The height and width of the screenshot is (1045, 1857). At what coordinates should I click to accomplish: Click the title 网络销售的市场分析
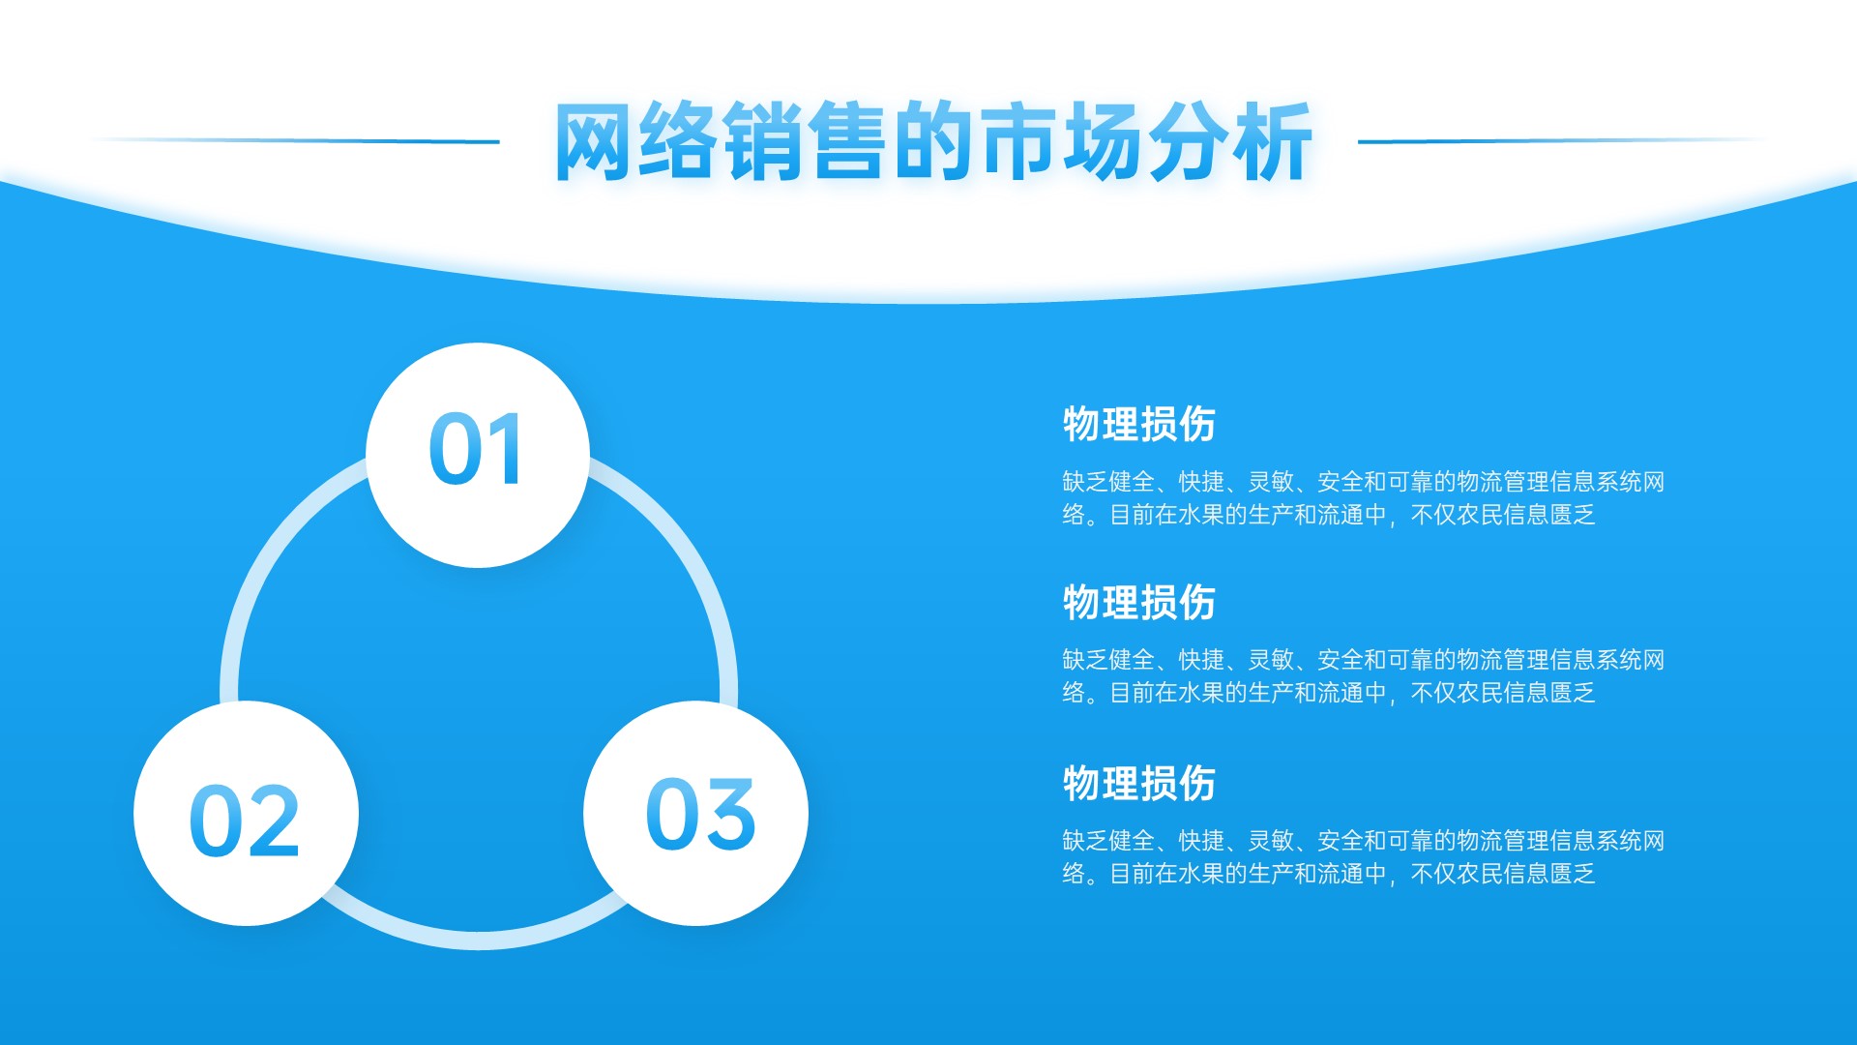[932, 141]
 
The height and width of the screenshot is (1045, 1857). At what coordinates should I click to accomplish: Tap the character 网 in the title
[594, 141]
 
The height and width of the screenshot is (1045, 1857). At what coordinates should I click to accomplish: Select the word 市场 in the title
[1061, 141]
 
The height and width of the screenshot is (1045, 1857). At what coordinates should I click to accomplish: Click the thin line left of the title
[296, 141]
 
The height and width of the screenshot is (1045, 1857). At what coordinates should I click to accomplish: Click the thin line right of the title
[1561, 141]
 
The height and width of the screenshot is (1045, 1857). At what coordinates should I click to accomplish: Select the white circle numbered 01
[478, 455]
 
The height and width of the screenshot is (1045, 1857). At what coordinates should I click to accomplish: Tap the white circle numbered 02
[246, 813]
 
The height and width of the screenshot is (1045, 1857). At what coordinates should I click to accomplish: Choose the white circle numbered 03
[695, 813]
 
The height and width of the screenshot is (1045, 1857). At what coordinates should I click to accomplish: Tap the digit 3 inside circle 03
[728, 815]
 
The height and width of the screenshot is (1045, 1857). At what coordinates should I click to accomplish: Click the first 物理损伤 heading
[1138, 424]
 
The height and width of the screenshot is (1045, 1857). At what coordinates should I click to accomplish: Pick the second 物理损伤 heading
[1138, 602]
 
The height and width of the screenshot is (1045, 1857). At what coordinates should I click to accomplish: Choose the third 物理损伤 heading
[1138, 783]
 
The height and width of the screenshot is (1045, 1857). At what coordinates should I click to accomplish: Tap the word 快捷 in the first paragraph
[1201, 482]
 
